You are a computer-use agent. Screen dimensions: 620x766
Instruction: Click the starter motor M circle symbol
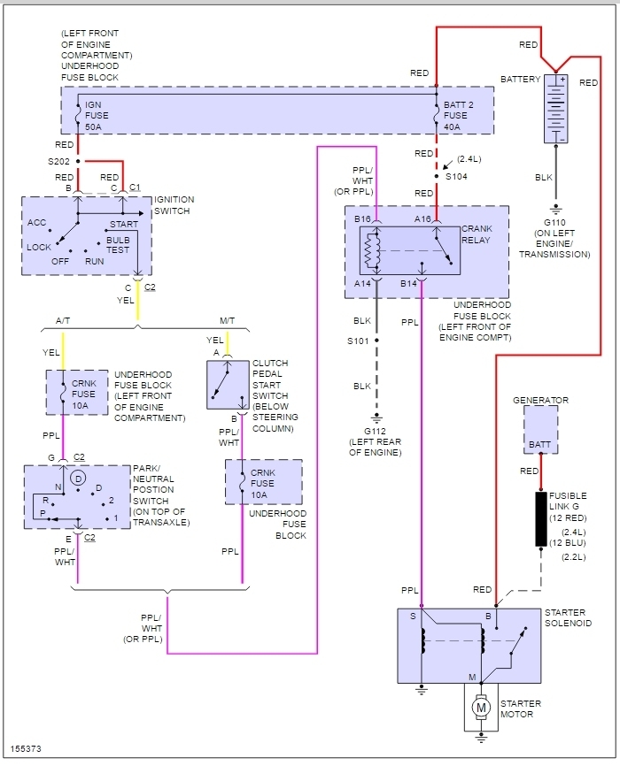point(481,708)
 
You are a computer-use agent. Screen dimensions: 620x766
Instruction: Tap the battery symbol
point(556,109)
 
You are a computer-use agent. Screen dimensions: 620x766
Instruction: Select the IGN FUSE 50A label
point(97,116)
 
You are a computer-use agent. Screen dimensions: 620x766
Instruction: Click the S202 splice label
point(58,161)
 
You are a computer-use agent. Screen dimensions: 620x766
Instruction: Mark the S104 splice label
point(456,176)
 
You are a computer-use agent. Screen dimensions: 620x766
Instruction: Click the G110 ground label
point(554,222)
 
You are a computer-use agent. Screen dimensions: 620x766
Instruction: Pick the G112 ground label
point(375,432)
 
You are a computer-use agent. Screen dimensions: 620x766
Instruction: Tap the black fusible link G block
point(540,519)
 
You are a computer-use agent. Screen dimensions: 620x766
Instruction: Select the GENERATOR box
point(540,429)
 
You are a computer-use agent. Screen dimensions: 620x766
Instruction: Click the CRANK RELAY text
point(477,234)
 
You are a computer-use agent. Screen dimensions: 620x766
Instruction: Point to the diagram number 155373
point(26,749)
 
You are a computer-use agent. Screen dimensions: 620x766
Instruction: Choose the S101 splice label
point(358,341)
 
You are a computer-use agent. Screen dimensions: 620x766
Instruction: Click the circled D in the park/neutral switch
point(78,479)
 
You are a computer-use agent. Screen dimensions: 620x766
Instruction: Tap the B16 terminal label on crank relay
point(362,218)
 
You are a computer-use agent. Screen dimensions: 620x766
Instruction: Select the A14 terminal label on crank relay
point(362,283)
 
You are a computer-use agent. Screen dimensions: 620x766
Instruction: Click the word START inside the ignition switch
point(124,225)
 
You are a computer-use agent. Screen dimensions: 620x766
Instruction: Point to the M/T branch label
point(227,320)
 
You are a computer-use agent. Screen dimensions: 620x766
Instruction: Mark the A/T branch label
point(63,320)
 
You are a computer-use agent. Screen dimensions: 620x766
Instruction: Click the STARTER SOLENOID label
point(568,617)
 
